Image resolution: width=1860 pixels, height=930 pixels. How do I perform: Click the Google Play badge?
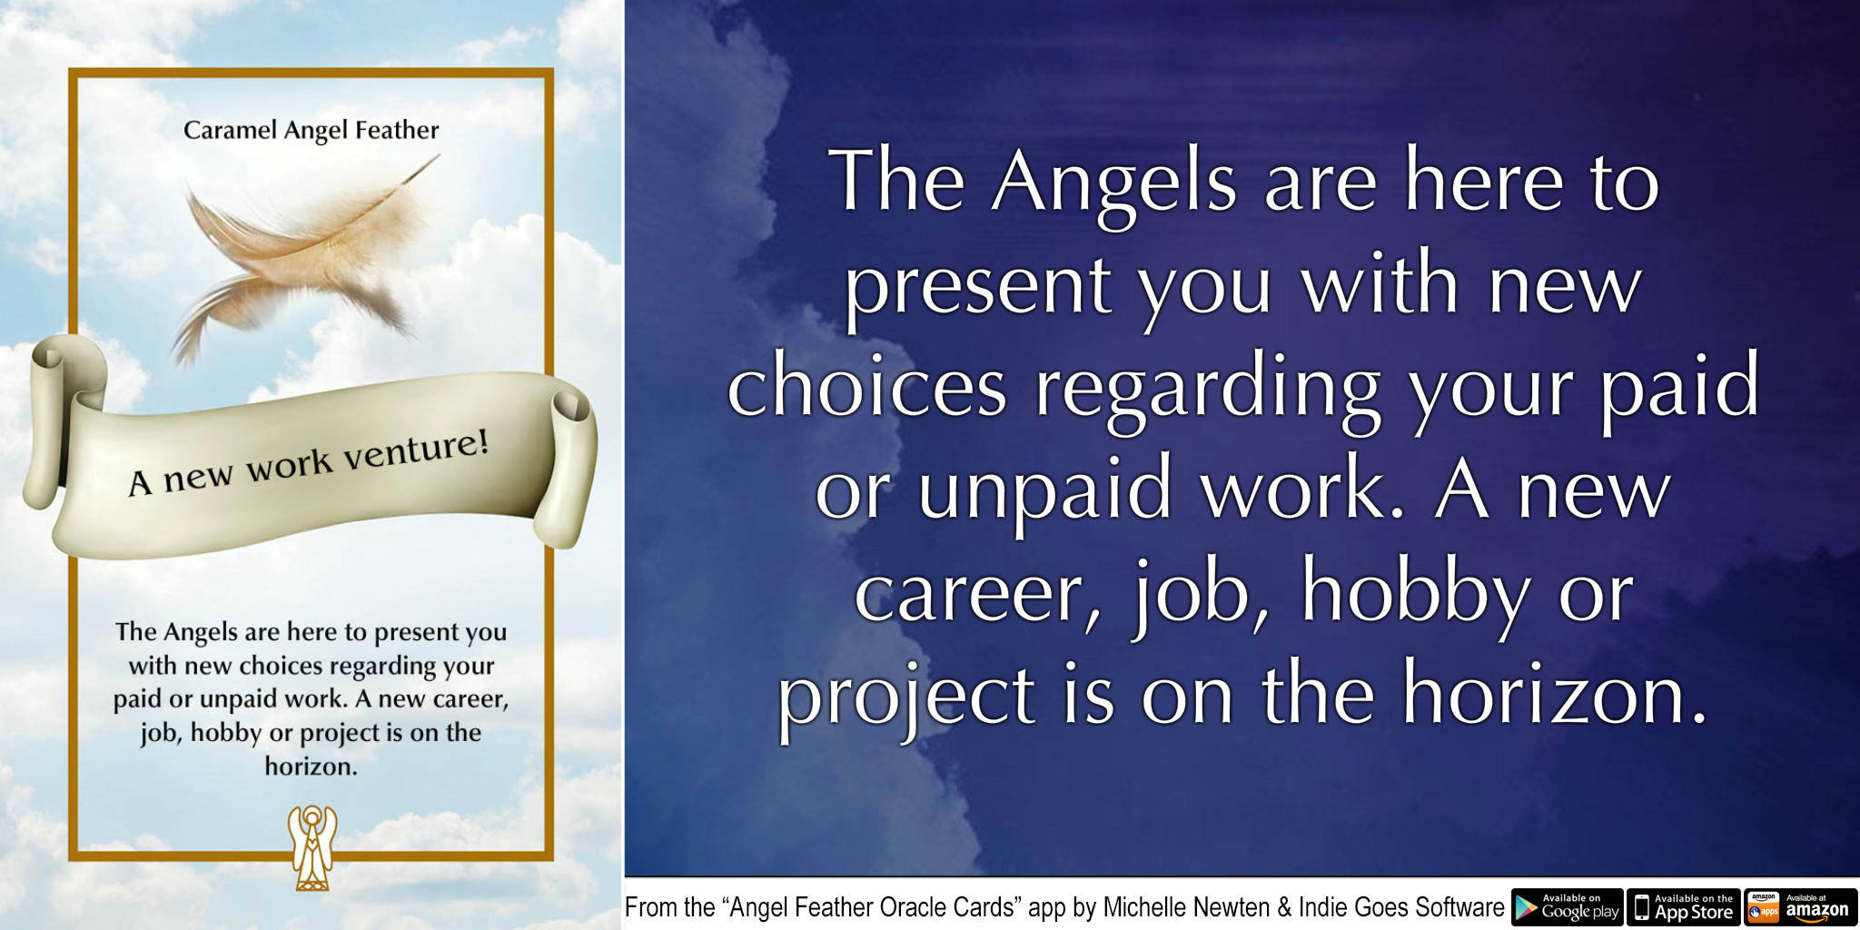click(1567, 907)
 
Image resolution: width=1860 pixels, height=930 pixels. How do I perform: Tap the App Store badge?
click(1684, 907)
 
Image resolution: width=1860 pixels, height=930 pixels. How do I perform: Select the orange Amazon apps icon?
click(1763, 907)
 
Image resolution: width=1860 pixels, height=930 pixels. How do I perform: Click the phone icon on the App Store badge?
click(1642, 907)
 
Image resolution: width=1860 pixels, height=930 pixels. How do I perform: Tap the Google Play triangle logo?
click(1526, 907)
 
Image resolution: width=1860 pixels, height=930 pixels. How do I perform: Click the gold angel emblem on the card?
click(312, 846)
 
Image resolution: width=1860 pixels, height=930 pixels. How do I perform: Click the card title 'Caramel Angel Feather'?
click(311, 131)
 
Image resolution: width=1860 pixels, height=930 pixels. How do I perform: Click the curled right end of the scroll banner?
click(568, 472)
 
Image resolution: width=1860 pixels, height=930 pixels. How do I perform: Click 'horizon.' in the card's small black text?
click(311, 767)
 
